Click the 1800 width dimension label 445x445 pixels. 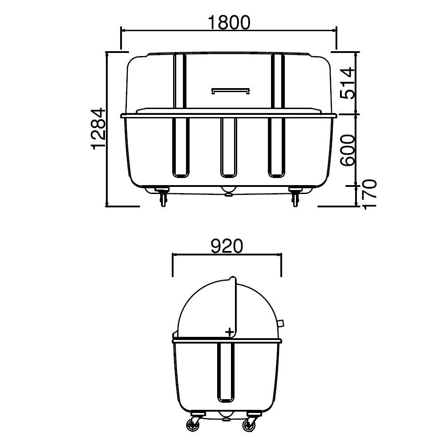pos(229,22)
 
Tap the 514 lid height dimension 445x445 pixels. pos(347,82)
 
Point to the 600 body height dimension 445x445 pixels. pos(347,149)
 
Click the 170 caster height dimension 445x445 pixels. pos(369,194)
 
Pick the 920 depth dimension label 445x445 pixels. pos(227,246)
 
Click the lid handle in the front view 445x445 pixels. pos(230,91)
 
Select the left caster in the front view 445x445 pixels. pos(162,197)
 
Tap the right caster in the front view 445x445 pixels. pos(295,197)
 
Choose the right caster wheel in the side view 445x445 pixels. pos(249,425)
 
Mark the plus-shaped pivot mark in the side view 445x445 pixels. pos(229,332)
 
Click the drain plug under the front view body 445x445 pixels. pos(229,192)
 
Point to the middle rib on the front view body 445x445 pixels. pos(229,146)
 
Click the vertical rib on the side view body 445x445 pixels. pos(226,372)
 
